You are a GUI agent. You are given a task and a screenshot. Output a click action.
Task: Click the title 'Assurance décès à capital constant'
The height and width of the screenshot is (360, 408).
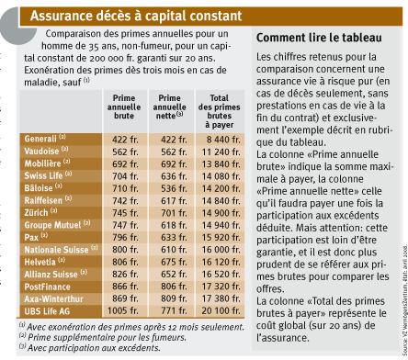136,16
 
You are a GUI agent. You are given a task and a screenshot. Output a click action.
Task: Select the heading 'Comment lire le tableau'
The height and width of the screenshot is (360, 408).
319,38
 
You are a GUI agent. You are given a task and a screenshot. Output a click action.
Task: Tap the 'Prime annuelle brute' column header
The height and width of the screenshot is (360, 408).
124,107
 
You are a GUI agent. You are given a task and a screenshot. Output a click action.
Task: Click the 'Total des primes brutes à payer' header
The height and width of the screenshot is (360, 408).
220,111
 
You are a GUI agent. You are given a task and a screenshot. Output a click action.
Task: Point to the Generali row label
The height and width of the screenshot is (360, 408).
45,139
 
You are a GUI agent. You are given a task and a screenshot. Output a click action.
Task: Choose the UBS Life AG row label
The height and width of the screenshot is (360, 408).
47,311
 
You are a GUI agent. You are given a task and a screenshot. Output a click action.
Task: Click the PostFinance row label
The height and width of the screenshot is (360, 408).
48,287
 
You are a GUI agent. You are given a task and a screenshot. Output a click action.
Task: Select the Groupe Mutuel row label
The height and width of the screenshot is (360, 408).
57,225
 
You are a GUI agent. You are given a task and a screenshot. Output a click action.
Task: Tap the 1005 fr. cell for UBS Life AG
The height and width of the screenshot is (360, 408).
122,310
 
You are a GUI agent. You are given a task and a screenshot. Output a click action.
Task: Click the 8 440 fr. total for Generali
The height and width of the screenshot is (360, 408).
223,140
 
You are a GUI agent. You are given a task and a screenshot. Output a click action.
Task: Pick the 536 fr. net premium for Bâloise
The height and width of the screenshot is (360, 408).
174,188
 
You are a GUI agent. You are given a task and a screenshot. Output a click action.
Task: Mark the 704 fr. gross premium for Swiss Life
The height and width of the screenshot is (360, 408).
125,176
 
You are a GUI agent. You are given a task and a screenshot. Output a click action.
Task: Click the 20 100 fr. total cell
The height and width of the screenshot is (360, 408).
221,310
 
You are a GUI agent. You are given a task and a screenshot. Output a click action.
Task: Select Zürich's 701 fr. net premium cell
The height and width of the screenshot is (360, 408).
174,213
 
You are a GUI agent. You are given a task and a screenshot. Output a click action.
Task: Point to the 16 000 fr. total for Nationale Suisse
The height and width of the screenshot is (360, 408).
221,250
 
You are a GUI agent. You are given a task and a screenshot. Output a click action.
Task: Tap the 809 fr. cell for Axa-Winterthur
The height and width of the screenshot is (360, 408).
174,298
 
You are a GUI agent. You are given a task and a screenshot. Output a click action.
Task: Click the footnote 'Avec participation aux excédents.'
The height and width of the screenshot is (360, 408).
90,348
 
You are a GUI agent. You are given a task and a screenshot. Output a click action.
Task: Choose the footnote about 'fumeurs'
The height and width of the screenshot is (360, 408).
103,337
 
